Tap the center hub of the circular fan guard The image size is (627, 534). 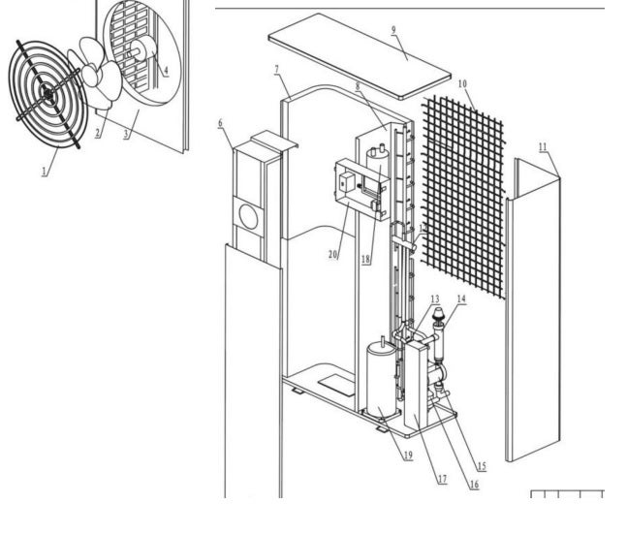47,92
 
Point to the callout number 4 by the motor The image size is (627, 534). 165,70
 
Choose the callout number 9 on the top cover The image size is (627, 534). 393,30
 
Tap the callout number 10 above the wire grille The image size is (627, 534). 462,84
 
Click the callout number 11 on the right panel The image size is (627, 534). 543,145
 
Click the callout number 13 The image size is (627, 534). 434,298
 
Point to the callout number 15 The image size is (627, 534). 482,466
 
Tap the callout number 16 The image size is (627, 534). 474,484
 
